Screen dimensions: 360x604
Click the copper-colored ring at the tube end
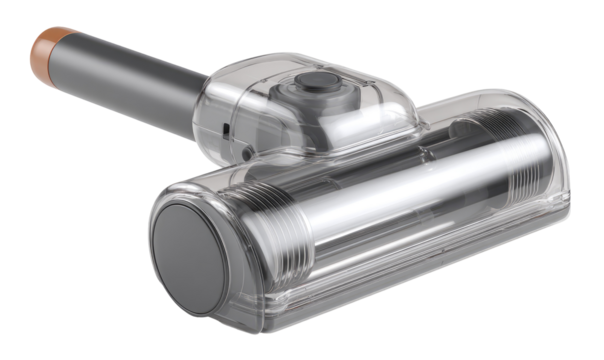click(46, 45)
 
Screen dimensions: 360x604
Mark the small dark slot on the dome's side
click(229, 131)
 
